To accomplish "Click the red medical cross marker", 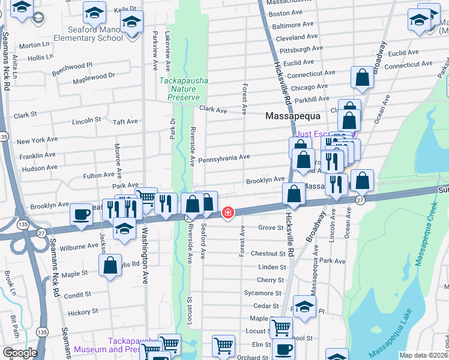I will pyautogui.click(x=228, y=212).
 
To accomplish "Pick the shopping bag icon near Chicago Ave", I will pyautogui.click(x=362, y=77).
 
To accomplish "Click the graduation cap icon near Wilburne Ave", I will pyautogui.click(x=124, y=230).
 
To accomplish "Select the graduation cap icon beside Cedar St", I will pyautogui.click(x=304, y=307).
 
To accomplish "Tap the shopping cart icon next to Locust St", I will pyautogui.click(x=281, y=328).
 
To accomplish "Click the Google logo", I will pyautogui.click(x=19, y=353).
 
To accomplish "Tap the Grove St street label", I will pyautogui.click(x=271, y=228).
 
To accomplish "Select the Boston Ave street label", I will pyautogui.click(x=286, y=13).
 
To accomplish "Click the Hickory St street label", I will pyautogui.click(x=83, y=312).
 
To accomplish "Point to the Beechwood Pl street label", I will pyautogui.click(x=72, y=65).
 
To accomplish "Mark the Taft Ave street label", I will pyautogui.click(x=125, y=121).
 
